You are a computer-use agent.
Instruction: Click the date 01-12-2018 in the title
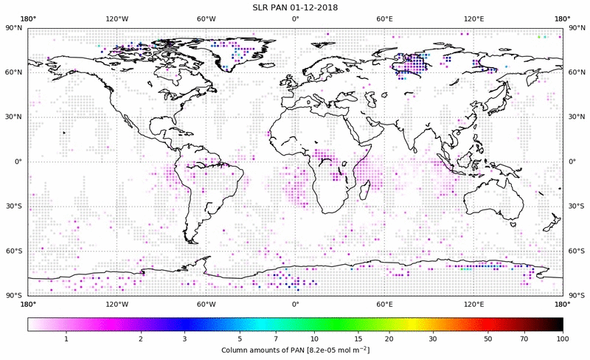(x=313, y=7)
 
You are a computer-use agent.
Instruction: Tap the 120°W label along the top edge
(x=117, y=18)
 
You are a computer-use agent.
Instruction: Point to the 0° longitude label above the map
(x=295, y=18)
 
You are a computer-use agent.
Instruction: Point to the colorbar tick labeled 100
(x=563, y=339)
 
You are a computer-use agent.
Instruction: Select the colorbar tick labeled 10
(x=315, y=339)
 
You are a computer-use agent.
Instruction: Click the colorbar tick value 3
(x=185, y=339)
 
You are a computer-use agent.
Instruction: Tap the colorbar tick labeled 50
(x=487, y=339)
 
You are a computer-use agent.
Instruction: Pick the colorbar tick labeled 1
(x=66, y=339)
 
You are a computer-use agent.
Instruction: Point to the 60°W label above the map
(x=206, y=18)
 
